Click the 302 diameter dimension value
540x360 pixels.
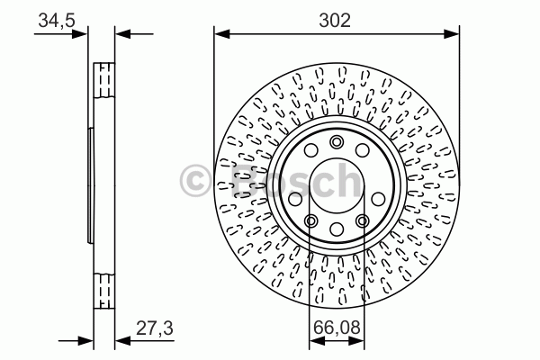pyautogui.click(x=335, y=20)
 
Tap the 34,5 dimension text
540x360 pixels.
pyautogui.click(x=57, y=21)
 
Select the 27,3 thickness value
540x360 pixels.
pyautogui.click(x=155, y=328)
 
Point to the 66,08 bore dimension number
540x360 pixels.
pyautogui.click(x=337, y=327)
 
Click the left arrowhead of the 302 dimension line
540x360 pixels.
pyautogui.click(x=221, y=34)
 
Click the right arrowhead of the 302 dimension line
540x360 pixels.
pyautogui.click(x=452, y=34)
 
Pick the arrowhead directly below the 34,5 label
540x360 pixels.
pyautogui.click(x=80, y=34)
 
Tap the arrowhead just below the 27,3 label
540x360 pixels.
pyautogui.click(x=122, y=341)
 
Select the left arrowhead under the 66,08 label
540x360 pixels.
pyautogui.click(x=317, y=341)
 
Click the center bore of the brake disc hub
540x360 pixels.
pyautogui.click(x=337, y=185)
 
